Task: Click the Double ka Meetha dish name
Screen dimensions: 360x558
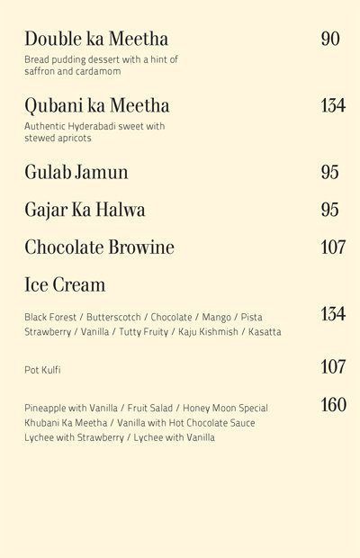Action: pyautogui.click(x=97, y=39)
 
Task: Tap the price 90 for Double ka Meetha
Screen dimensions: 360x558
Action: pyautogui.click(x=330, y=39)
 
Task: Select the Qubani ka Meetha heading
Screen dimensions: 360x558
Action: pyautogui.click(x=97, y=105)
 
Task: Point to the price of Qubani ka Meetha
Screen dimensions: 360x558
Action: pyautogui.click(x=332, y=105)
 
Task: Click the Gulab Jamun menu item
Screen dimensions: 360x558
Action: pyautogui.click(x=76, y=172)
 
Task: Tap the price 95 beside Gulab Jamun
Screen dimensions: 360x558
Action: pyautogui.click(x=330, y=172)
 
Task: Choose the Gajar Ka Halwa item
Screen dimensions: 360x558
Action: pyautogui.click(x=85, y=210)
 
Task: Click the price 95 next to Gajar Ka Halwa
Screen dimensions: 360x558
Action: pyautogui.click(x=330, y=210)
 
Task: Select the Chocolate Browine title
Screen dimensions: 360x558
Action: pyautogui.click(x=100, y=247)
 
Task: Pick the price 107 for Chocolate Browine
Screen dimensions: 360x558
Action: pyautogui.click(x=333, y=247)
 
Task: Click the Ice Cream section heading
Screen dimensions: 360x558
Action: pyautogui.click(x=65, y=285)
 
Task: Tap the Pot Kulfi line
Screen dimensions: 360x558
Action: pyautogui.click(x=42, y=370)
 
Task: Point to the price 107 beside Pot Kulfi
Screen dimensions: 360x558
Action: pyautogui.click(x=333, y=366)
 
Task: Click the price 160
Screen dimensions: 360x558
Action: pyautogui.click(x=333, y=404)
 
